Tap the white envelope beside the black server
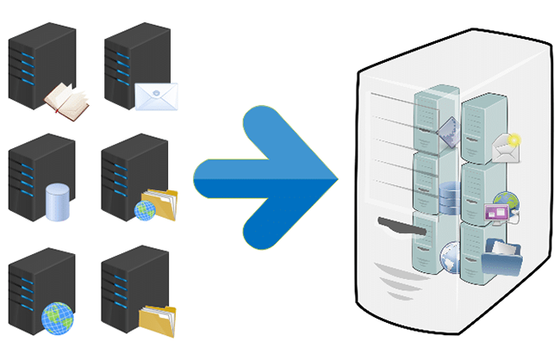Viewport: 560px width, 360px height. coord(156,96)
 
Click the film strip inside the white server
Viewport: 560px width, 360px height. coord(447,129)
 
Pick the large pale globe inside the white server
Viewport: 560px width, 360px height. coord(452,257)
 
